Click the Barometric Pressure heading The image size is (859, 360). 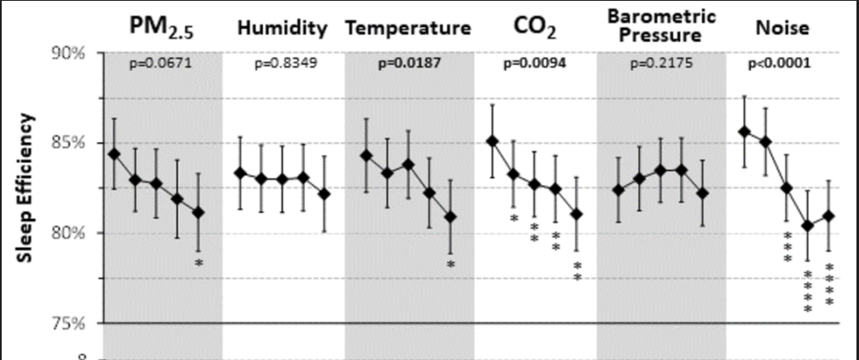point(661,25)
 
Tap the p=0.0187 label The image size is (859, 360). point(408,64)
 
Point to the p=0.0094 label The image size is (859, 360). point(534,64)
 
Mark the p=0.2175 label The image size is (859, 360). point(661,64)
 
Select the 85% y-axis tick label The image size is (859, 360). point(68,144)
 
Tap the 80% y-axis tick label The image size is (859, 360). point(68,233)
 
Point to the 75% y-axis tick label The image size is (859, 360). point(68,324)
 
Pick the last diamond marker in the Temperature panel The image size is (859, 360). point(451,217)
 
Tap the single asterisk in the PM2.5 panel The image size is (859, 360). point(199,263)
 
